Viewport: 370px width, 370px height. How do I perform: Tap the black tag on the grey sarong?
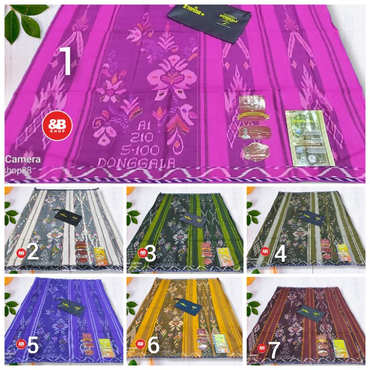(x=68, y=216)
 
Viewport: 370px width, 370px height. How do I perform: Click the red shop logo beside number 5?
(x=21, y=344)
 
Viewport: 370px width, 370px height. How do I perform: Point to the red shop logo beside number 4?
(x=265, y=251)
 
